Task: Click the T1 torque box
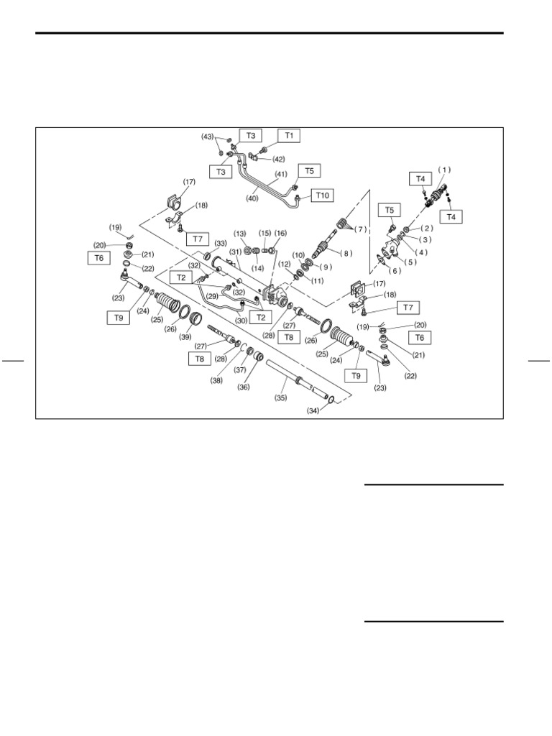click(x=289, y=136)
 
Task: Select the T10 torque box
click(x=323, y=195)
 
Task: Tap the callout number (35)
click(x=281, y=398)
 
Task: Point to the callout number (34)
click(x=313, y=410)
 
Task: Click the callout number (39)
click(x=186, y=337)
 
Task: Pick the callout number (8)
click(x=346, y=254)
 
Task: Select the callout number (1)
click(x=444, y=170)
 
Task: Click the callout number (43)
click(x=208, y=137)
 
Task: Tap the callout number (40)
click(x=252, y=198)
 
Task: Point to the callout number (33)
click(x=221, y=243)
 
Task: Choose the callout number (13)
click(x=240, y=234)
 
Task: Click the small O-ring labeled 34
click(x=331, y=400)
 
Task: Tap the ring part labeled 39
click(x=196, y=321)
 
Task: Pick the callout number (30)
click(x=241, y=321)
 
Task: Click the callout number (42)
click(x=278, y=159)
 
